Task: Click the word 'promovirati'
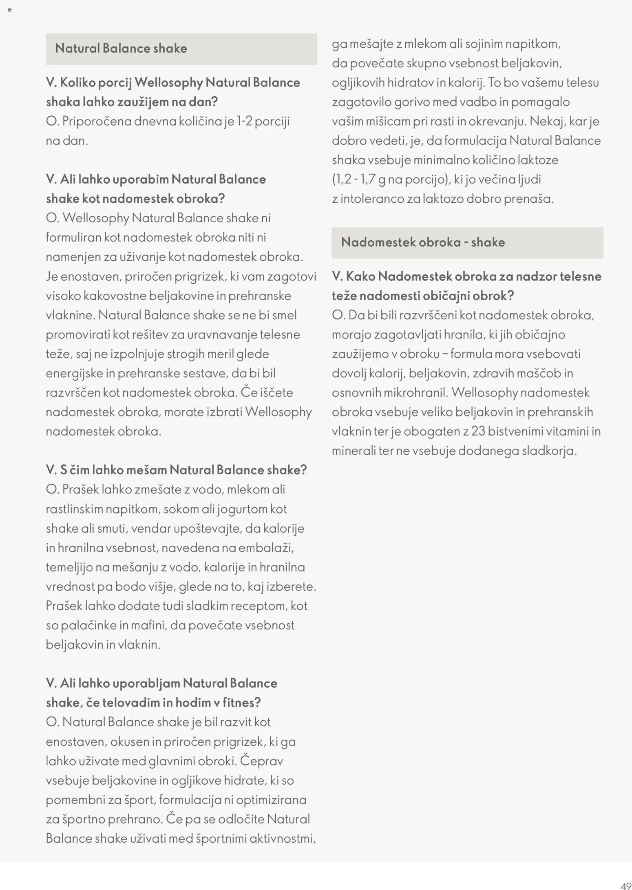[x=78, y=334]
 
